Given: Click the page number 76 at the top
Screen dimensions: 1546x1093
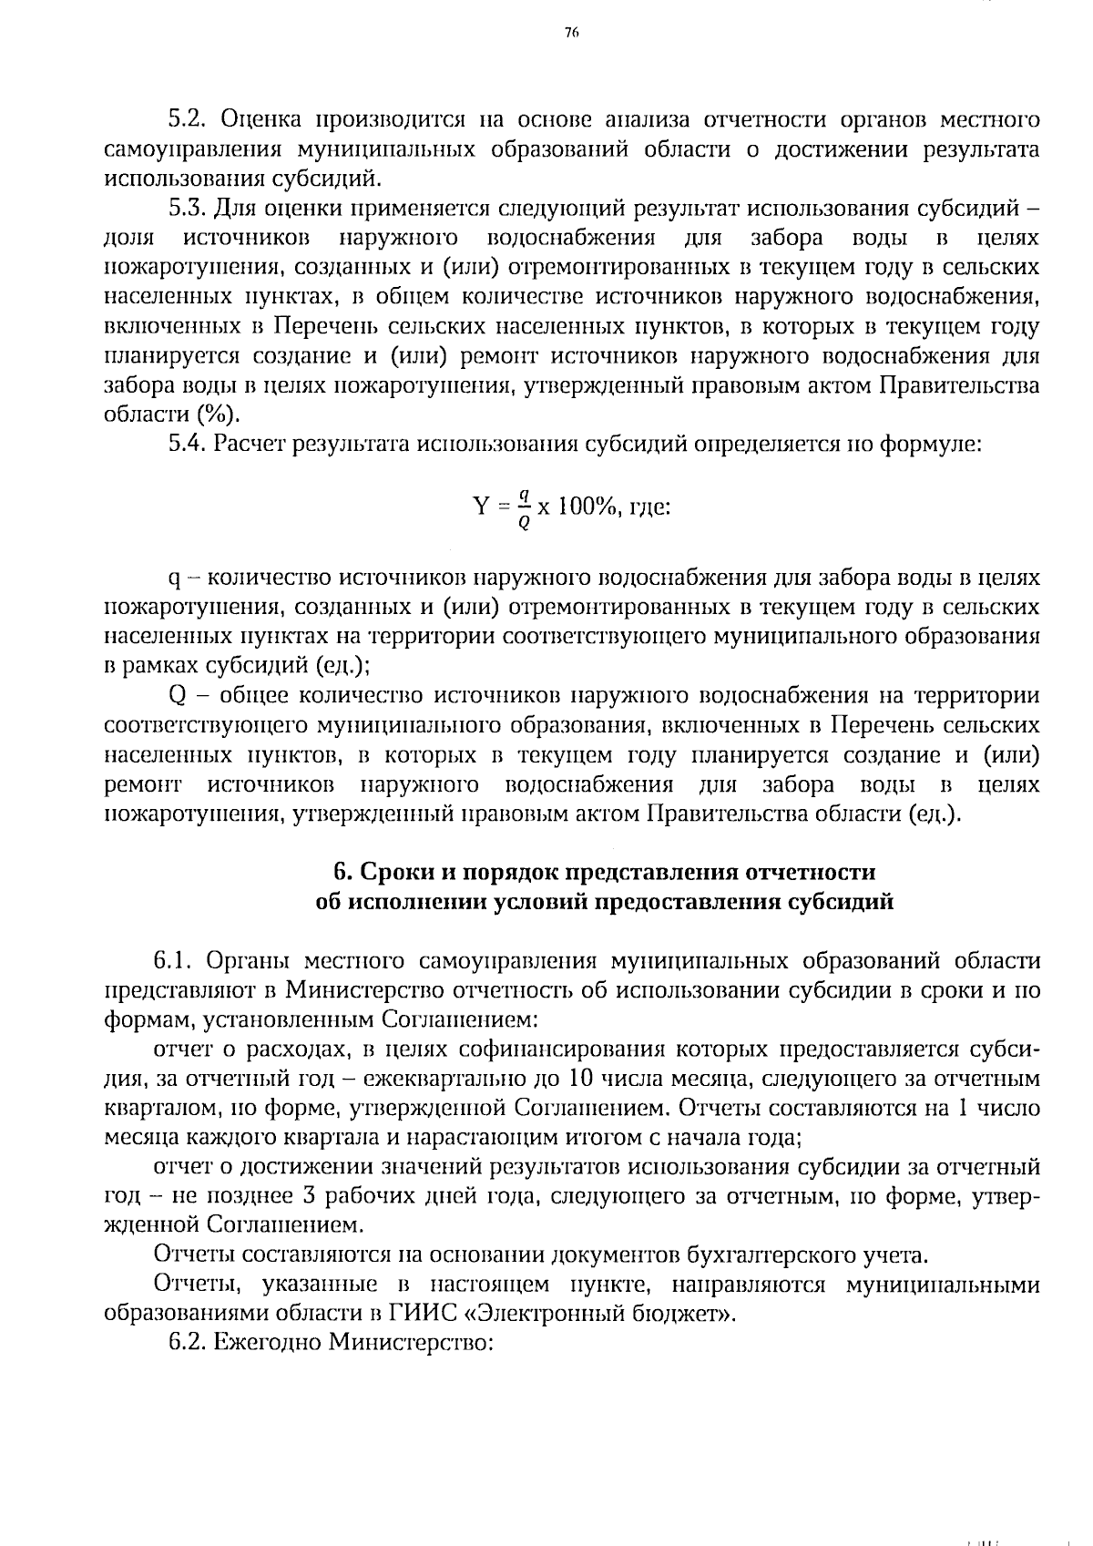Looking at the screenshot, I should click(x=572, y=33).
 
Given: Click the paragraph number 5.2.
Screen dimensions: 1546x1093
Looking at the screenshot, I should click(x=188, y=119).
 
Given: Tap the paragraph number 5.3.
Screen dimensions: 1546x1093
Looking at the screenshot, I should click(x=188, y=208).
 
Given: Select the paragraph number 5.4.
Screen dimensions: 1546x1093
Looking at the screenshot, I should click(x=188, y=444).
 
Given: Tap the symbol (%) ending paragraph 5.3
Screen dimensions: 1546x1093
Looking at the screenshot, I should click(x=217, y=415).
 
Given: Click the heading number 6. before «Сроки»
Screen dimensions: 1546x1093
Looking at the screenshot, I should click(x=342, y=872).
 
